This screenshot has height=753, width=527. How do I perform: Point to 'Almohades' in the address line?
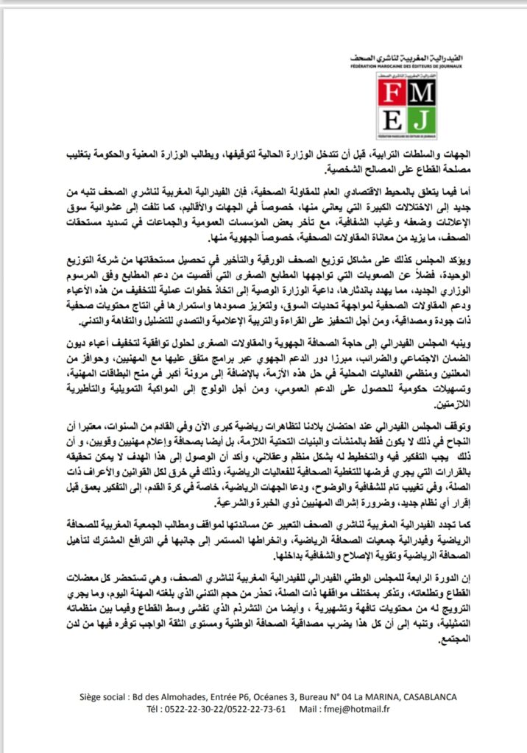click(x=180, y=696)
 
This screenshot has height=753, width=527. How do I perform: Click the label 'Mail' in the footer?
click(x=305, y=710)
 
